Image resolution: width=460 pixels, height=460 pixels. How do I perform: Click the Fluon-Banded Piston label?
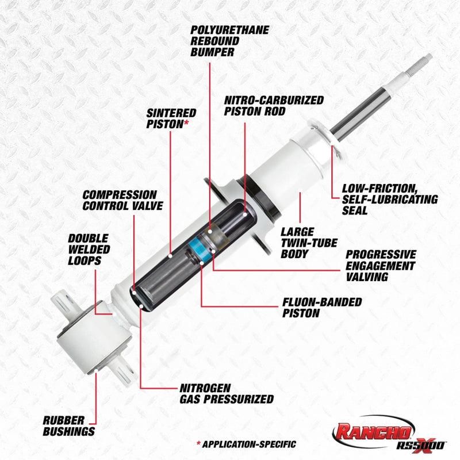coord(322,308)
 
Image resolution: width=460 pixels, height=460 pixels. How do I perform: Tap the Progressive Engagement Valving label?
coord(380,265)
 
